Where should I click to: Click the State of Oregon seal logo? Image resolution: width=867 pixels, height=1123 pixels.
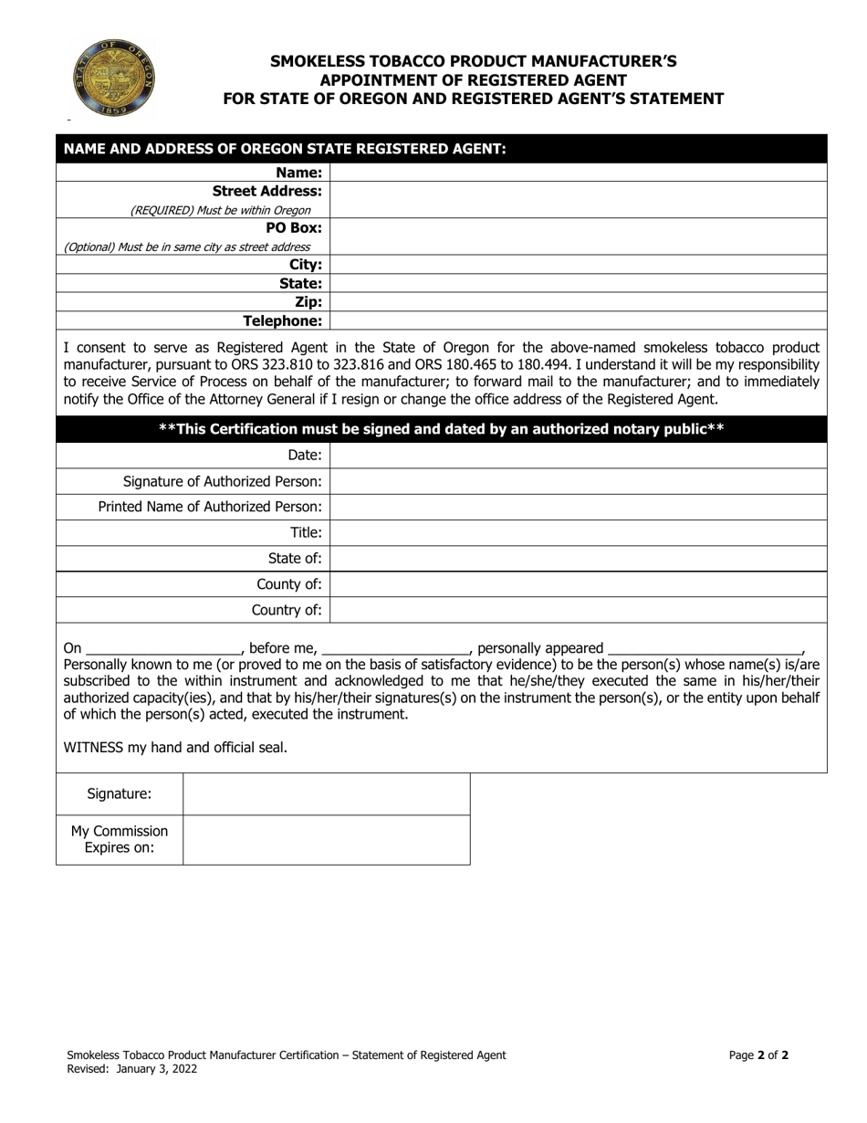pyautogui.click(x=114, y=77)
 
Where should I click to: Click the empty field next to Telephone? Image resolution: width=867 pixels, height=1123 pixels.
pyautogui.click(x=578, y=320)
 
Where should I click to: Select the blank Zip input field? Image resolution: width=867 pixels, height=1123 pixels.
pyautogui.click(x=578, y=302)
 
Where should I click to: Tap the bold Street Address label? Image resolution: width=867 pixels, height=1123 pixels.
pyautogui.click(x=266, y=191)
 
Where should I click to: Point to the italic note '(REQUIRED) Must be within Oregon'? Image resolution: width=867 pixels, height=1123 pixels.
pyautogui.click(x=220, y=210)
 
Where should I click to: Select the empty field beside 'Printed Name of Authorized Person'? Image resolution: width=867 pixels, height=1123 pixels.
pyautogui.click(x=578, y=507)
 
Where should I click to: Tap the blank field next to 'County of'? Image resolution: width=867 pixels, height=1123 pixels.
pyautogui.click(x=578, y=584)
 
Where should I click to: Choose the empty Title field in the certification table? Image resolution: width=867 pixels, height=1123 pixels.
pyautogui.click(x=578, y=532)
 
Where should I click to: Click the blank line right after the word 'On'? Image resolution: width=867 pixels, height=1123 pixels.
pyautogui.click(x=162, y=649)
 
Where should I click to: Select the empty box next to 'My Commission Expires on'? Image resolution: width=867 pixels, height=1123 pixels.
pyautogui.click(x=326, y=840)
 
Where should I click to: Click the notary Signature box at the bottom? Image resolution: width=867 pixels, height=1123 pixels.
pyautogui.click(x=326, y=794)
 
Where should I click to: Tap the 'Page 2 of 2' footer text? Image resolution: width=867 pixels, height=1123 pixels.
pyautogui.click(x=758, y=1055)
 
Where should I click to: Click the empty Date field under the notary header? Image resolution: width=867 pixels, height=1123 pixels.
pyautogui.click(x=578, y=455)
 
